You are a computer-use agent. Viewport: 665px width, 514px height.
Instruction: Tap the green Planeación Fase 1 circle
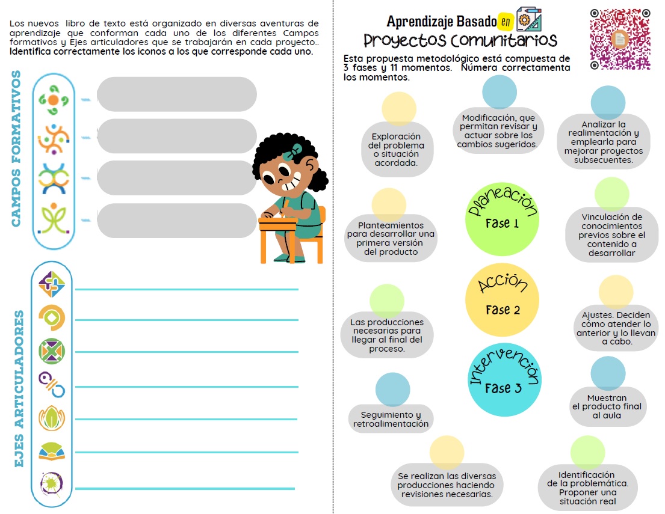[x=501, y=219]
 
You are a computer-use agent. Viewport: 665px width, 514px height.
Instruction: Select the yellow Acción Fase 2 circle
[x=501, y=299]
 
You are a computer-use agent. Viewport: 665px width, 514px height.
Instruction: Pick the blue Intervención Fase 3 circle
[x=504, y=379]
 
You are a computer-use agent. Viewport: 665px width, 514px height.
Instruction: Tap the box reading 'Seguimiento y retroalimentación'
[x=391, y=419]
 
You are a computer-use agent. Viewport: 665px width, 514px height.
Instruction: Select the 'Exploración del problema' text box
[x=397, y=150]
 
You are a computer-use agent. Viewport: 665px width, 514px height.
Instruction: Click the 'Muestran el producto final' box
[x=607, y=406]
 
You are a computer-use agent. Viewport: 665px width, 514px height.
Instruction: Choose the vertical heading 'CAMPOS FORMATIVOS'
[x=16, y=148]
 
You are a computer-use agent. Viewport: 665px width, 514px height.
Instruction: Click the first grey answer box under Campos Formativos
[x=177, y=94]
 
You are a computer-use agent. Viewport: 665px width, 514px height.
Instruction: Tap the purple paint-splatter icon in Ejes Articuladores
[x=51, y=483]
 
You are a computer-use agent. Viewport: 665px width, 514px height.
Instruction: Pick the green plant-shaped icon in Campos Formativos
[x=54, y=219]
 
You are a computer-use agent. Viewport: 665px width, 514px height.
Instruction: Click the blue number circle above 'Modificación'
[x=500, y=92]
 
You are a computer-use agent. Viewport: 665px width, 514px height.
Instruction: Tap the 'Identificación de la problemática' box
[x=588, y=488]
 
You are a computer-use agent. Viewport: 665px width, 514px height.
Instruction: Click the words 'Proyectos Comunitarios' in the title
[x=460, y=41]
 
